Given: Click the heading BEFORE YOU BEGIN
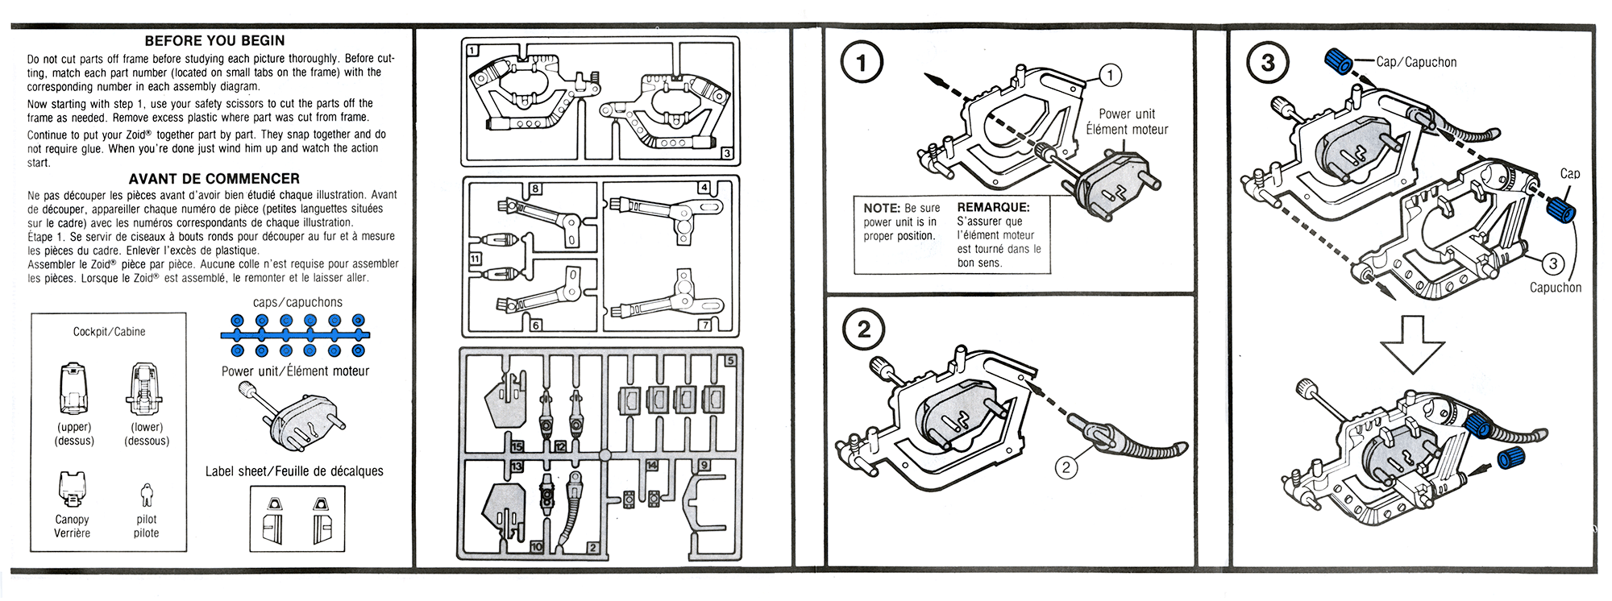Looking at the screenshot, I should [214, 41].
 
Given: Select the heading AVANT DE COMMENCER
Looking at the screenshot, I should [214, 179].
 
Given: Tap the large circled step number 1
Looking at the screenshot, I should [862, 63].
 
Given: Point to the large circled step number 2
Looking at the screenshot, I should [864, 330].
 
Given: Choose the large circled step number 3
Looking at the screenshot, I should [1268, 63].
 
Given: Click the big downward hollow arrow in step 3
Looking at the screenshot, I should [1412, 344].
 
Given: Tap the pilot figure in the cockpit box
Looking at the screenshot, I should [146, 495].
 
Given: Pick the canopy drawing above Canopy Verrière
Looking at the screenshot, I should [73, 488].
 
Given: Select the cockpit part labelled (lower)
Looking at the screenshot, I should [147, 388].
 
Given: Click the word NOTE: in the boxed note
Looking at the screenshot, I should [881, 208].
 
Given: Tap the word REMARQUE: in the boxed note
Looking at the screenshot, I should [993, 208].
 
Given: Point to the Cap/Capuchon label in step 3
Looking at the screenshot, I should [1416, 62].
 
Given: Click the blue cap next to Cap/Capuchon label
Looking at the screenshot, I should [1340, 60].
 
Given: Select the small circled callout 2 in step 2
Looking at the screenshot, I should [1066, 467].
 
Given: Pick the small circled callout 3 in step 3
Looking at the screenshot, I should [1552, 263].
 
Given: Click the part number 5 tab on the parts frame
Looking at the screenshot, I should [730, 361].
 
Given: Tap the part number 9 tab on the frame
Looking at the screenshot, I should [704, 465].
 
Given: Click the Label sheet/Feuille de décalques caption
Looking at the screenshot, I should [294, 471].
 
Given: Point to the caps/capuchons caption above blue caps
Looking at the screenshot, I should [297, 302].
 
